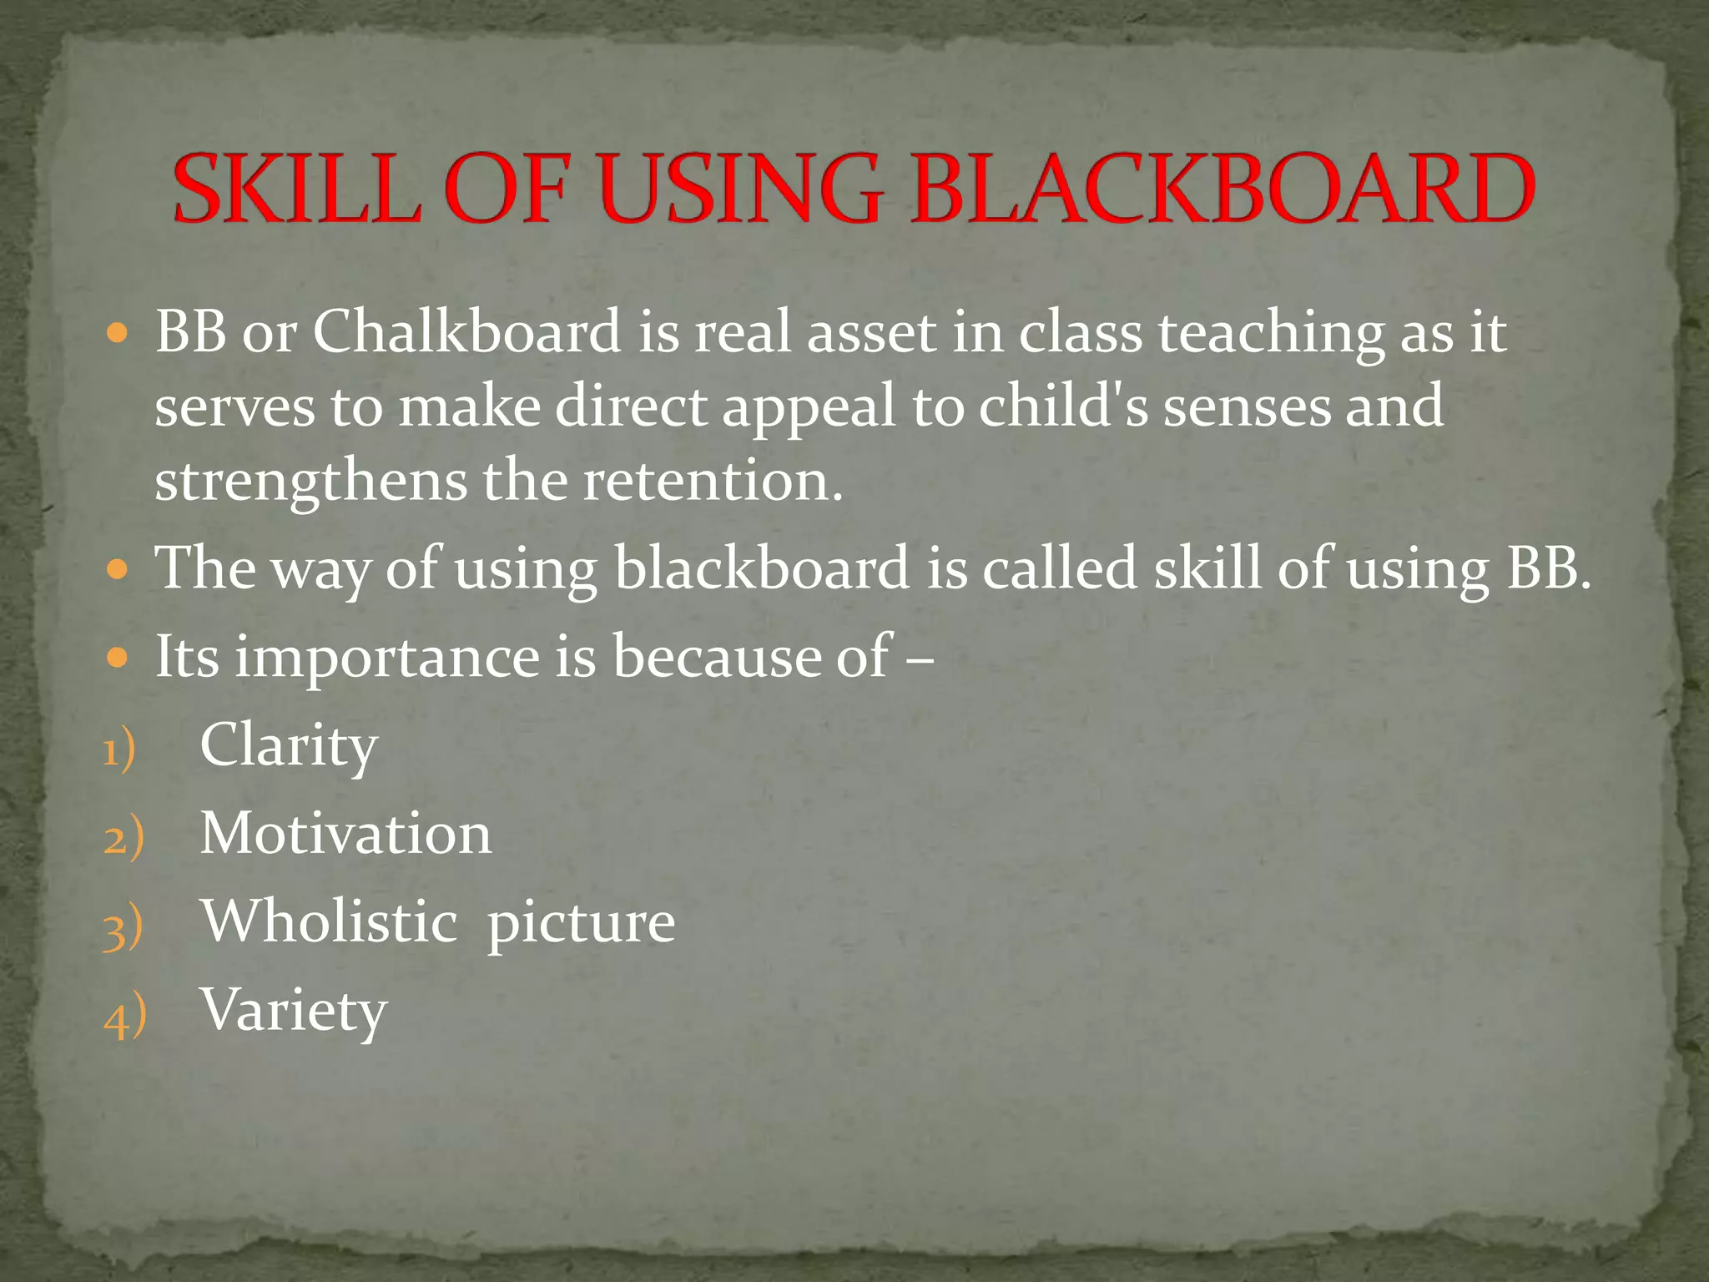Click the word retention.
(712, 482)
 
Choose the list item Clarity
(289, 746)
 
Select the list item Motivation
(345, 834)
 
